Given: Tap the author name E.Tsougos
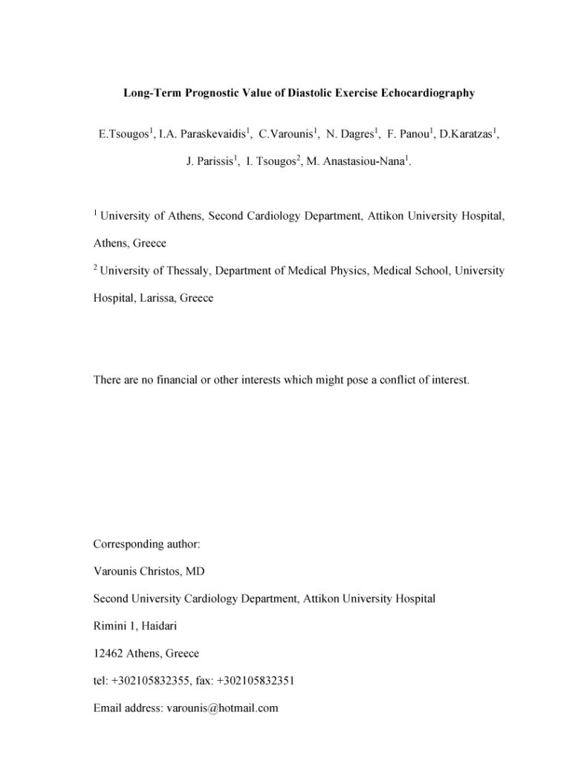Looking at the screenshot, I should tap(123, 135).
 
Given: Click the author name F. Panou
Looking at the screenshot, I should tap(409, 135).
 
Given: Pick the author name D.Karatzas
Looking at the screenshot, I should tap(467, 135).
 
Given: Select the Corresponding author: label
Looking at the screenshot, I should tap(146, 544).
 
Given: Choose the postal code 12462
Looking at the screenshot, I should tap(108, 653).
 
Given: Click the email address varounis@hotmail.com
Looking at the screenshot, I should tap(221, 708).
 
